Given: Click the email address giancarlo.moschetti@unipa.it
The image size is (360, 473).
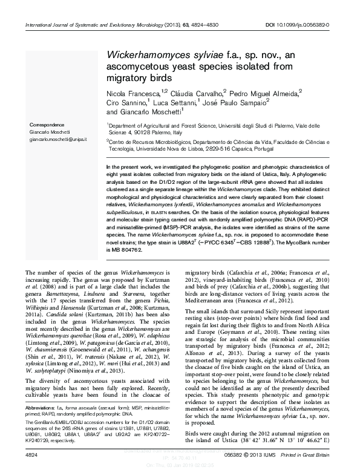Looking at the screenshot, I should tap(59, 139).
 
